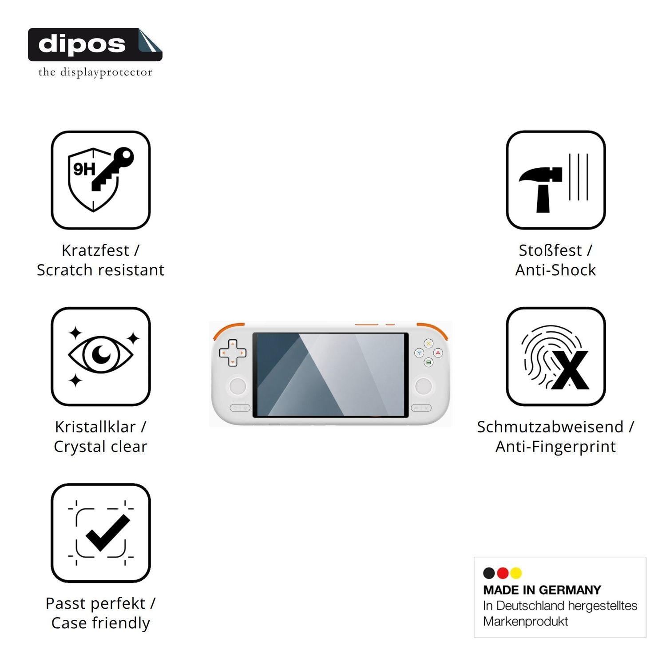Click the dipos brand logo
(x=95, y=44)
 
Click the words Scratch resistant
(x=101, y=270)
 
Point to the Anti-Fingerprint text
(x=556, y=447)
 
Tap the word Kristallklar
(x=95, y=427)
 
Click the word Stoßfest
(x=550, y=250)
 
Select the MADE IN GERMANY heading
(x=542, y=590)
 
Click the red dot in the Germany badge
(x=503, y=573)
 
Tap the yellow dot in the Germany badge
(x=516, y=573)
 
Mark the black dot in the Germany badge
(x=489, y=573)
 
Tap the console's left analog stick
(x=238, y=386)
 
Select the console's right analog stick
(x=423, y=386)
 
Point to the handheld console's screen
(x=330, y=375)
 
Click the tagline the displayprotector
(x=95, y=72)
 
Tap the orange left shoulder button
(x=227, y=329)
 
